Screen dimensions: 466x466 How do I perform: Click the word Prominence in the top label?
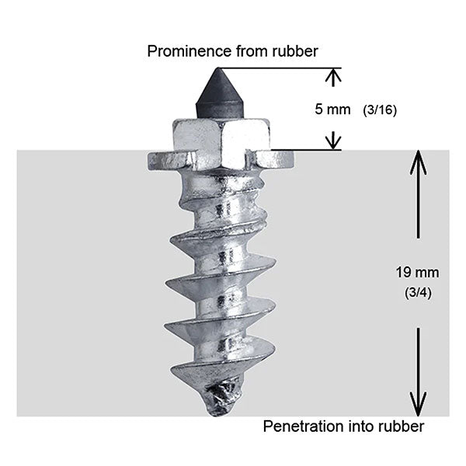coord(184,52)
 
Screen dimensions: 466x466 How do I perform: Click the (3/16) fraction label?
coord(380,110)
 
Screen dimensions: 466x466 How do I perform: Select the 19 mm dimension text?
coord(418,273)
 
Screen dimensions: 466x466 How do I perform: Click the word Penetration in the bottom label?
coord(299,426)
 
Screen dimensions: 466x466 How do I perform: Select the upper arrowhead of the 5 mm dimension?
coord(333,75)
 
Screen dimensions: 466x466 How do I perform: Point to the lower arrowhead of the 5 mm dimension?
coord(333,141)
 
